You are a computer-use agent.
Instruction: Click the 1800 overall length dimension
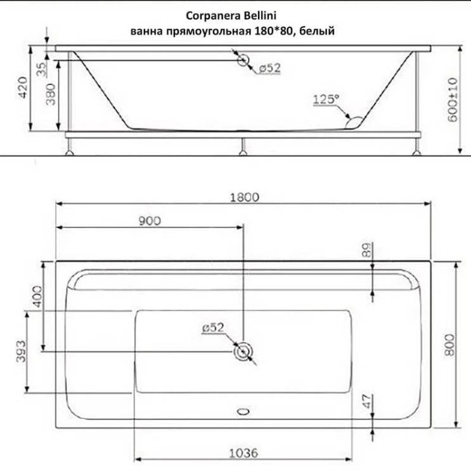pos(245,198)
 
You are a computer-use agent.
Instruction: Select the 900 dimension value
pos(150,221)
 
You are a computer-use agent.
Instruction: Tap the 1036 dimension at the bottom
pos(243,453)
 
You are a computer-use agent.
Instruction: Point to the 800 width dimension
pos(450,345)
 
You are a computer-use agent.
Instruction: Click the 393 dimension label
pos(21,351)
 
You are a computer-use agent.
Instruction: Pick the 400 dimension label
pos(37,296)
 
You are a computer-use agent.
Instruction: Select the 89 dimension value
pos(368,250)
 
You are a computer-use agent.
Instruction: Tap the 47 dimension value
pos(368,402)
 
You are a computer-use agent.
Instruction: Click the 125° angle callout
pos(326,99)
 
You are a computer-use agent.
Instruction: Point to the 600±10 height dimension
pos(453,99)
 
